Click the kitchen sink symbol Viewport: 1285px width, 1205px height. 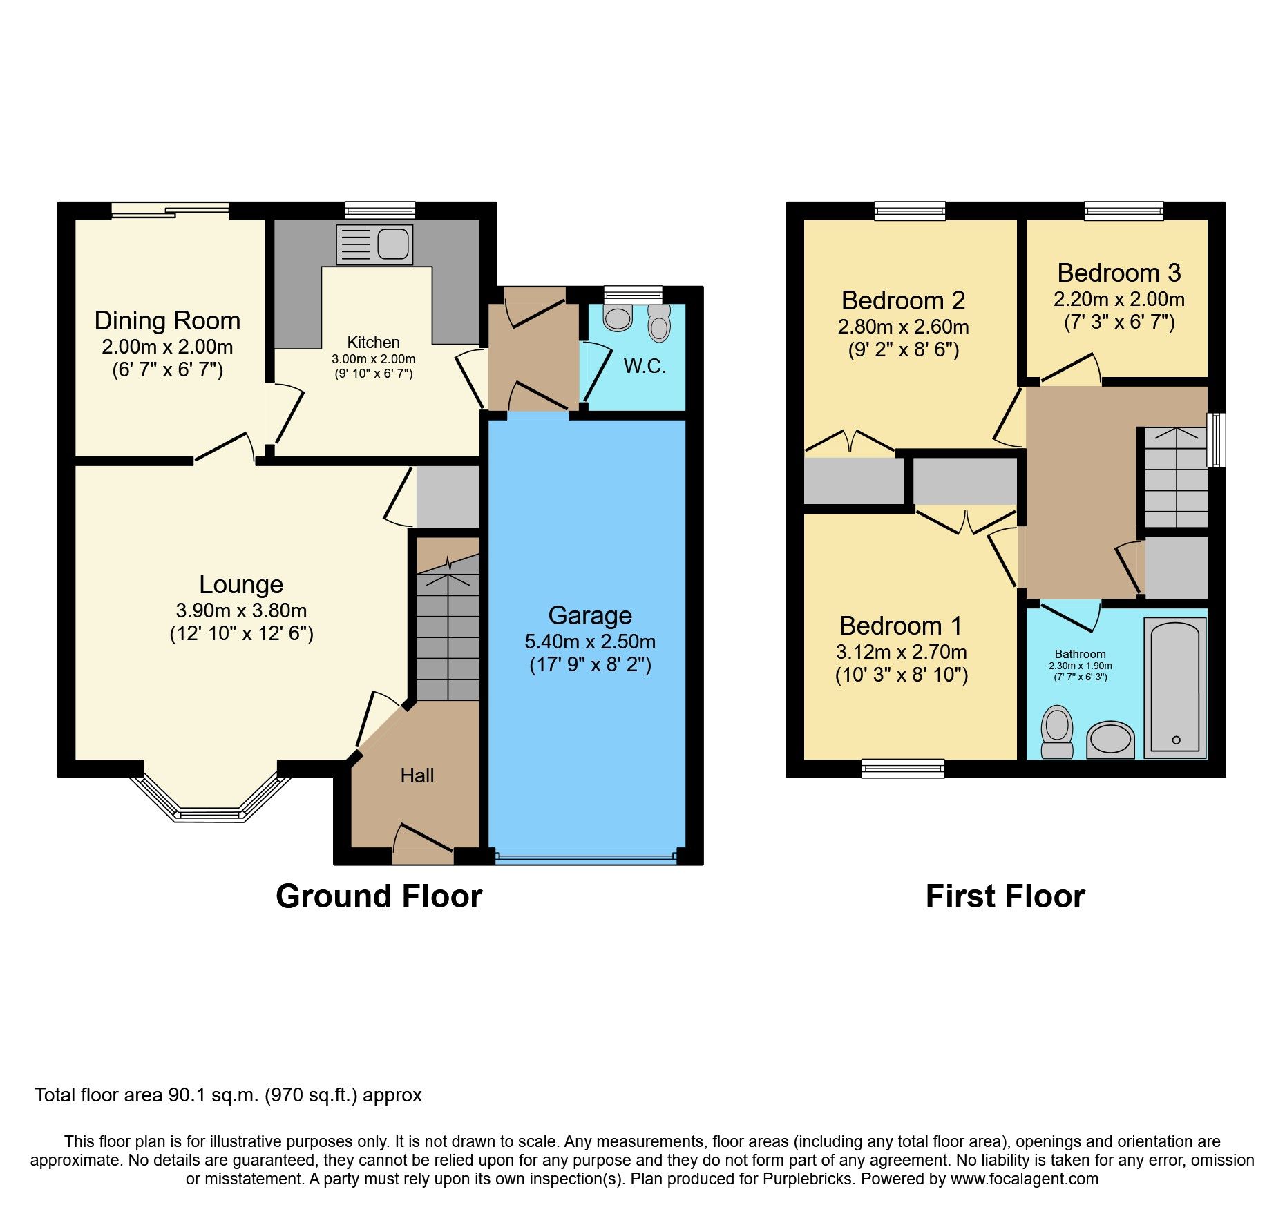374,244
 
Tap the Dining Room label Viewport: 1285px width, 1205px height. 167,321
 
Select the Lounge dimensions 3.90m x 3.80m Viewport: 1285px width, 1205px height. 241,610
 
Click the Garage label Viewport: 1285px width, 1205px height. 590,615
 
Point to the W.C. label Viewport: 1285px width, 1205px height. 645,366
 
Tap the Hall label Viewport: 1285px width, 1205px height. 417,775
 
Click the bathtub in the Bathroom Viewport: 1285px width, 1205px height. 1175,688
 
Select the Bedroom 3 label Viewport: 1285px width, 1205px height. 1119,273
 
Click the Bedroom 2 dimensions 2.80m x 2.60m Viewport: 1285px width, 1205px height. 903,327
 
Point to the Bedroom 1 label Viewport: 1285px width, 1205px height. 900,626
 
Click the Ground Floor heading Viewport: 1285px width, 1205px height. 379,896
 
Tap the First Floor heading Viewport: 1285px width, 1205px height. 1005,896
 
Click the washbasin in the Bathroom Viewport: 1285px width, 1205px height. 1110,740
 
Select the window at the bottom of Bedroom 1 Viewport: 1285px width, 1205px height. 902,767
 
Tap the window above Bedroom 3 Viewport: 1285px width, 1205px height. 1123,210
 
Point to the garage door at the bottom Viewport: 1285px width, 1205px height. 586,858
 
